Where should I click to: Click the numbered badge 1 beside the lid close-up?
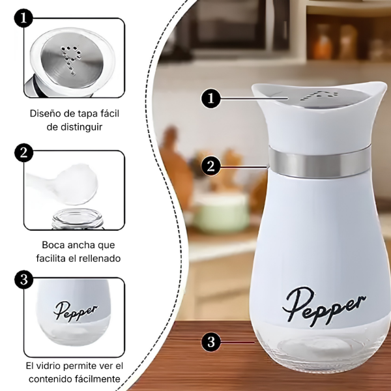click(x=23, y=18)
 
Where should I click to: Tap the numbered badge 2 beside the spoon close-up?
click(x=23, y=152)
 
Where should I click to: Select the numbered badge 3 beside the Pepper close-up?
click(x=23, y=280)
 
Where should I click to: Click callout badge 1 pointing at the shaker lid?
click(x=211, y=98)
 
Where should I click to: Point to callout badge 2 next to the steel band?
click(x=211, y=166)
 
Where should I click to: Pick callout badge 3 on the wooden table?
click(x=211, y=342)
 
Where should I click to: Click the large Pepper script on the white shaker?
click(x=324, y=307)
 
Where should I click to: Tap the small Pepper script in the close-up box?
click(x=76, y=311)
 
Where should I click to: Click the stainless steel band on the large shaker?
click(x=319, y=162)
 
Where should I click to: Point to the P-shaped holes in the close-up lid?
click(x=71, y=59)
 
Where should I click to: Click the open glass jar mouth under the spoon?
click(x=78, y=219)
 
